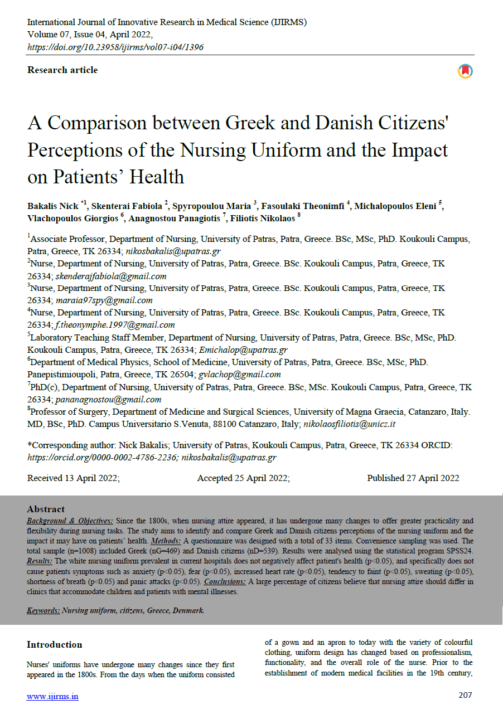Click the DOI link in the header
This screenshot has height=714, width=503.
(x=115, y=47)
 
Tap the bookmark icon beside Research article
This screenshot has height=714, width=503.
(x=465, y=71)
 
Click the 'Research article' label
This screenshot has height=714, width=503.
(x=62, y=70)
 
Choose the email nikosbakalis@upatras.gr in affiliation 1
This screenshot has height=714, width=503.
(x=173, y=251)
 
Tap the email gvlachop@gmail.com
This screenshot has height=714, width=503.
(x=240, y=375)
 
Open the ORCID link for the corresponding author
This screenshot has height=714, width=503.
(x=101, y=458)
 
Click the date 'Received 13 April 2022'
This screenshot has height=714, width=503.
(x=73, y=478)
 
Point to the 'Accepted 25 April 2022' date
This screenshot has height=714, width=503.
(x=243, y=478)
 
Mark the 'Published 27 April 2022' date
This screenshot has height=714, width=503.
(x=413, y=478)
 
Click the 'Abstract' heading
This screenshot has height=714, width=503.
(x=46, y=509)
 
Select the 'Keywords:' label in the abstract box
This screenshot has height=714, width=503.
(x=43, y=610)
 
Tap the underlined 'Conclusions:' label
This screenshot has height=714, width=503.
(x=225, y=582)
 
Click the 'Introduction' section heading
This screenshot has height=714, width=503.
(x=54, y=645)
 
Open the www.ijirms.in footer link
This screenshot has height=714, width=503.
(x=52, y=696)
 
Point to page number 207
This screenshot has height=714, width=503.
(x=465, y=695)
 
